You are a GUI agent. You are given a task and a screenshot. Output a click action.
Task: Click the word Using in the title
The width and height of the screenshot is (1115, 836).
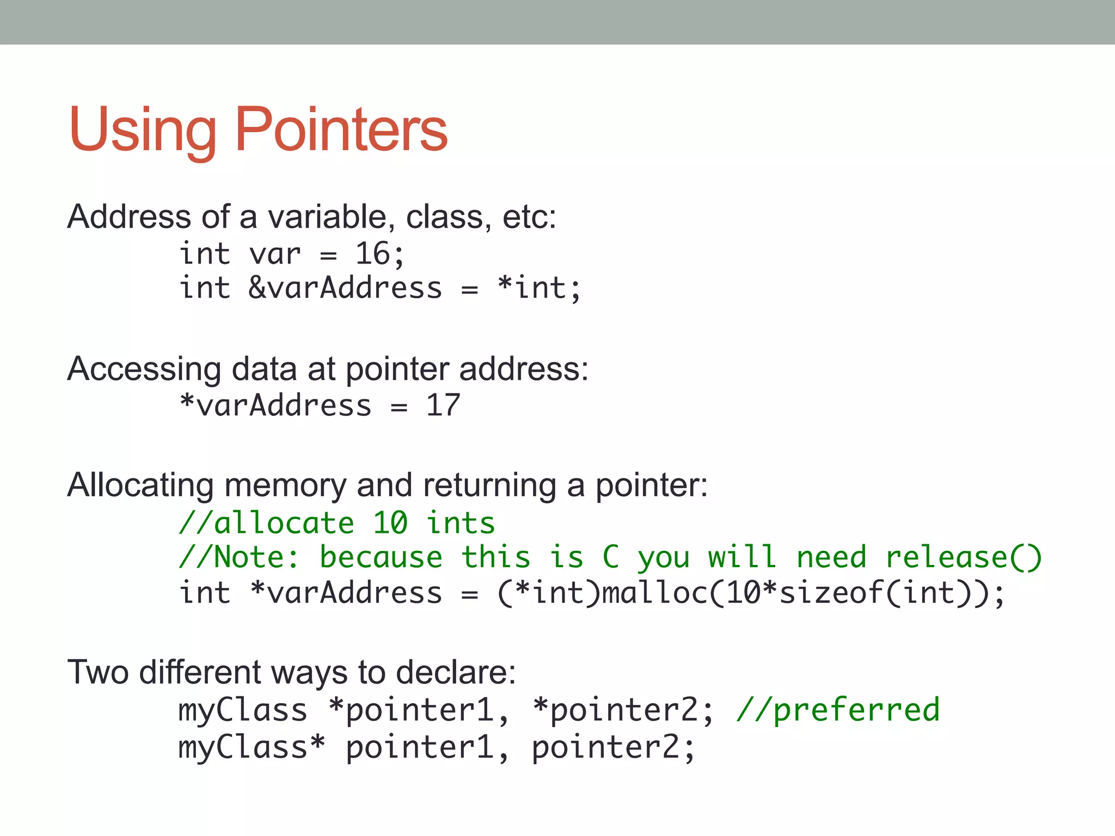pos(143,131)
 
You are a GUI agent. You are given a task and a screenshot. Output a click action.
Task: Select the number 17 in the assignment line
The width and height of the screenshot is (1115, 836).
pos(443,405)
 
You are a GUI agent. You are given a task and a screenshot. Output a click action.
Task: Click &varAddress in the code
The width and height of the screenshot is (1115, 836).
pos(345,288)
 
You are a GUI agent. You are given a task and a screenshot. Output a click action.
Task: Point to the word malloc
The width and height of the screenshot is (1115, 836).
pos(655,593)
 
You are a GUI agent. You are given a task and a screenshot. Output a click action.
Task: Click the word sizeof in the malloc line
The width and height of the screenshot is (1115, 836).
pos(832,593)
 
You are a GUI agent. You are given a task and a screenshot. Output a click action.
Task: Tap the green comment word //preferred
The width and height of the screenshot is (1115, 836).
pos(838,710)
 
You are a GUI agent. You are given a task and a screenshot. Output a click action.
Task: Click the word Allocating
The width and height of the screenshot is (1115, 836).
pos(140,485)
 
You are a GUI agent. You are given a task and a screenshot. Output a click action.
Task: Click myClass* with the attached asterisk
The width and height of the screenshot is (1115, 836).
pos(251,747)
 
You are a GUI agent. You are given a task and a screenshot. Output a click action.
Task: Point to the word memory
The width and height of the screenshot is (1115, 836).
pos(285,485)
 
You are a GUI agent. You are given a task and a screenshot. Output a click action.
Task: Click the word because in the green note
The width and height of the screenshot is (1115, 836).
pos(381,557)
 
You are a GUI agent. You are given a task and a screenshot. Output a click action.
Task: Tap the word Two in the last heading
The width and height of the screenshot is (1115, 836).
pos(98,672)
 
